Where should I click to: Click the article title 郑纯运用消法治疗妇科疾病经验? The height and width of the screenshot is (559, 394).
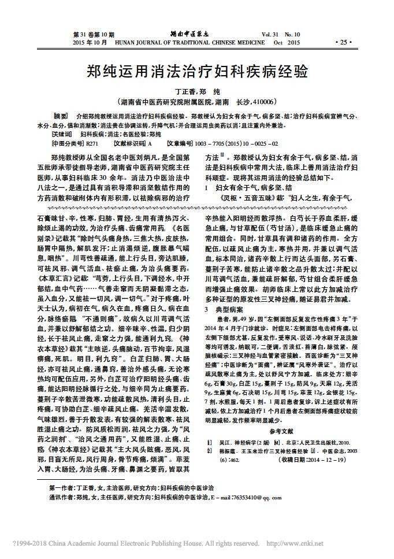[x=196, y=72]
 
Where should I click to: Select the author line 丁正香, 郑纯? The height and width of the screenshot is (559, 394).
[x=197, y=91]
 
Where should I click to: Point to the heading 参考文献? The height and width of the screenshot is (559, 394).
[x=281, y=431]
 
